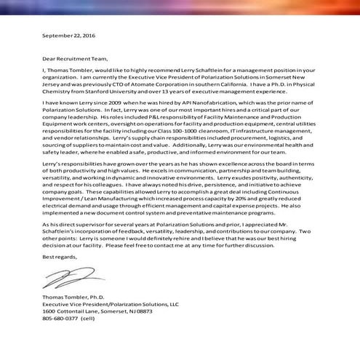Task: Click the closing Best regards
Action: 59,257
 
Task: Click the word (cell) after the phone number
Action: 92,316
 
